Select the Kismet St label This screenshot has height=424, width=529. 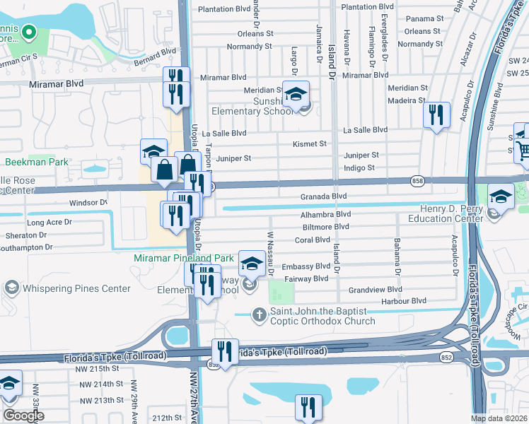coord(310,143)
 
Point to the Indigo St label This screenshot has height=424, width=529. coord(359,167)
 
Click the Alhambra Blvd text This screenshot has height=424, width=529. coord(326,214)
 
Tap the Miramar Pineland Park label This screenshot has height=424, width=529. coord(184,259)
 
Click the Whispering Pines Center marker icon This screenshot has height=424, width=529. coord(11,288)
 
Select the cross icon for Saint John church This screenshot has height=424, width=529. coord(260,314)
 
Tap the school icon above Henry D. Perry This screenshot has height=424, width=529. coord(501,196)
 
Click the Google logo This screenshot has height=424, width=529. coord(23,416)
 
